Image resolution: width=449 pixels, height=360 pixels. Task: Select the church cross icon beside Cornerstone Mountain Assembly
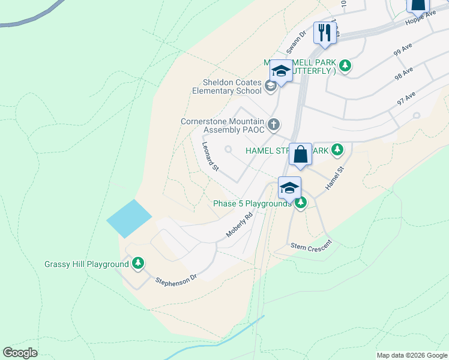pyautogui.click(x=274, y=125)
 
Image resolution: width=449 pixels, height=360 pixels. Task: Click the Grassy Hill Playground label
pyautogui.click(x=87, y=264)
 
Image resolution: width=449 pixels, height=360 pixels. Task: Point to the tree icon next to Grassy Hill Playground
pyautogui.click(x=139, y=263)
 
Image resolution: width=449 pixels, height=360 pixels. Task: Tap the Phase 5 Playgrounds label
pyautogui.click(x=252, y=204)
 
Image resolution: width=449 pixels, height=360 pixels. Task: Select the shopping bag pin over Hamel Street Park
pyautogui.click(x=300, y=155)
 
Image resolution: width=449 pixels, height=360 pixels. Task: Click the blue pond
pyautogui.click(x=129, y=218)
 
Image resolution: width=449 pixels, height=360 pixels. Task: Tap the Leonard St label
pyautogui.click(x=209, y=156)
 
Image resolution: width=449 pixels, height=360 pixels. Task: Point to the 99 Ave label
pyautogui.click(x=401, y=52)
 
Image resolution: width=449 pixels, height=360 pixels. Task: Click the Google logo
pyautogui.click(x=20, y=353)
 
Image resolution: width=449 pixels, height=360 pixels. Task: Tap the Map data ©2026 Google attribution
pyautogui.click(x=412, y=355)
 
